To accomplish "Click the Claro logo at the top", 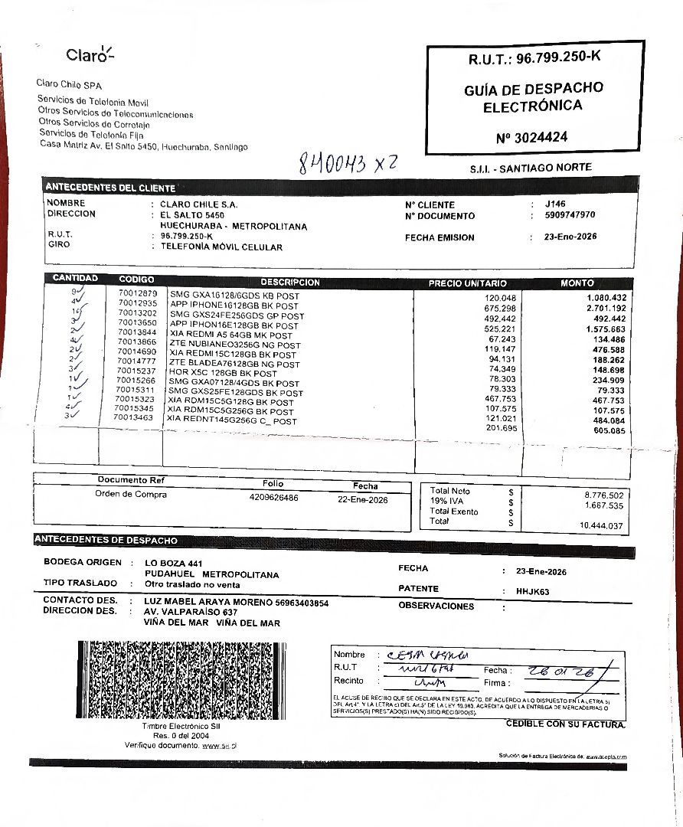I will coord(90,54).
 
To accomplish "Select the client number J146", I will coord(555,204).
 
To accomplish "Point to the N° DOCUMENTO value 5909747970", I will coord(570,215).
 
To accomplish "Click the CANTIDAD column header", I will coord(75,279).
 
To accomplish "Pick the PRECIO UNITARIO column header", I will coord(467,283).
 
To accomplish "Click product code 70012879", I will coord(138,293).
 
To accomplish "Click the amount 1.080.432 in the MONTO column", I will coord(606,297).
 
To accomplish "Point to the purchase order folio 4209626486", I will coord(273,498).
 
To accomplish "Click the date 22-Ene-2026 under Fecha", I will coord(363,500).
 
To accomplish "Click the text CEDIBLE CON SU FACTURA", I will coord(565,724).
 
